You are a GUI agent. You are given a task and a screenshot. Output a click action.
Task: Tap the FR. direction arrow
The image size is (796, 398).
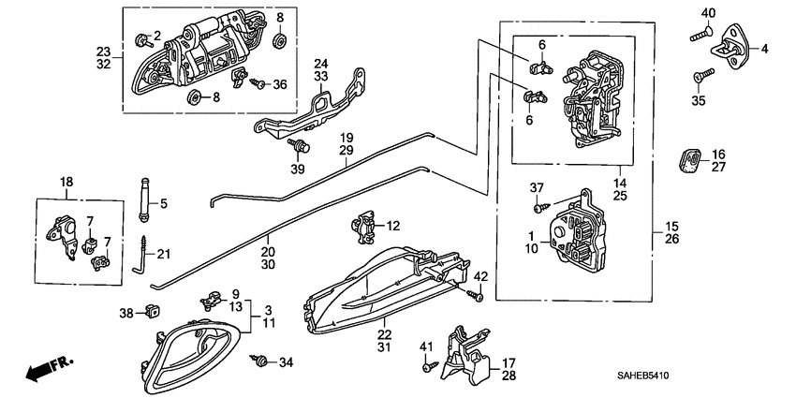(47, 369)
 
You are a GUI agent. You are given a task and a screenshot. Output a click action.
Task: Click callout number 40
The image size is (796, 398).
(708, 12)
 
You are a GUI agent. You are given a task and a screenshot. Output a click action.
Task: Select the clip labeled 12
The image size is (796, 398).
(364, 226)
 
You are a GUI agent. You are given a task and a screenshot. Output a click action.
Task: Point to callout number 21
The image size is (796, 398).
(164, 254)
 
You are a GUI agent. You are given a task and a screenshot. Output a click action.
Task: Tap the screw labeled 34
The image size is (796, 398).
(261, 360)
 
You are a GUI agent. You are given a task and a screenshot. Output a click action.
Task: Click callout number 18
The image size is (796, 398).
(66, 182)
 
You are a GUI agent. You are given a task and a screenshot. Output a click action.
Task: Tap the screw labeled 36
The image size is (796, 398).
(259, 83)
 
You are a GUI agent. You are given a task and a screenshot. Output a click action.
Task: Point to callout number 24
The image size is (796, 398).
(320, 64)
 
